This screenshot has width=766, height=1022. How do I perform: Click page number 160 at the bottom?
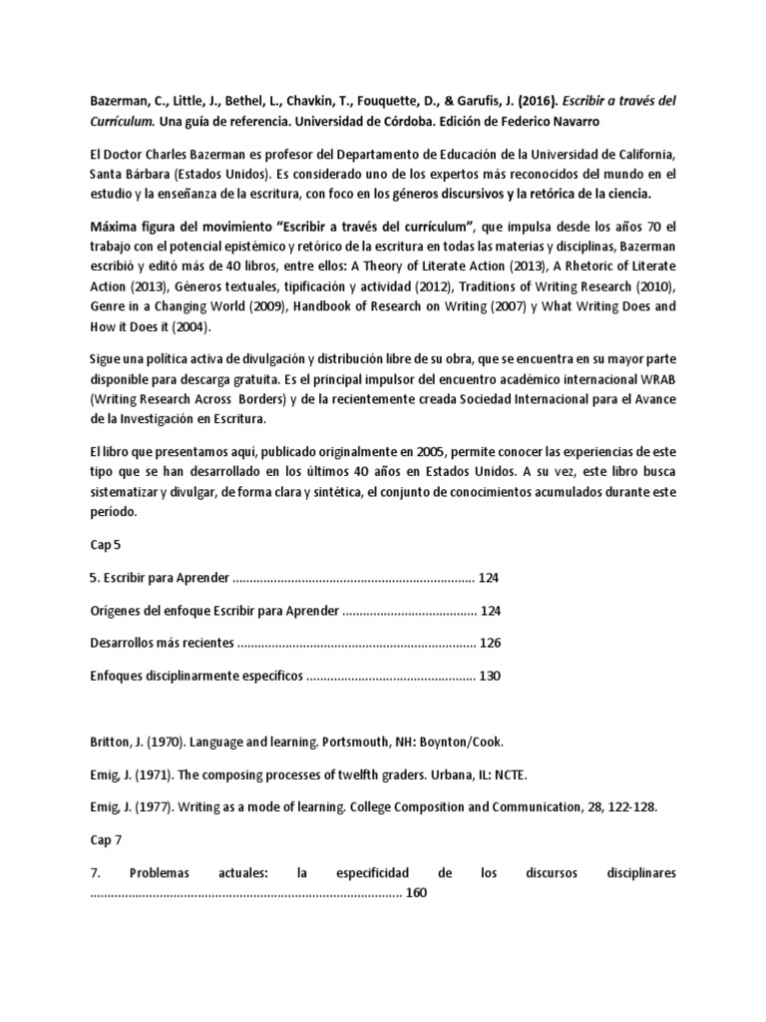(x=417, y=892)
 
